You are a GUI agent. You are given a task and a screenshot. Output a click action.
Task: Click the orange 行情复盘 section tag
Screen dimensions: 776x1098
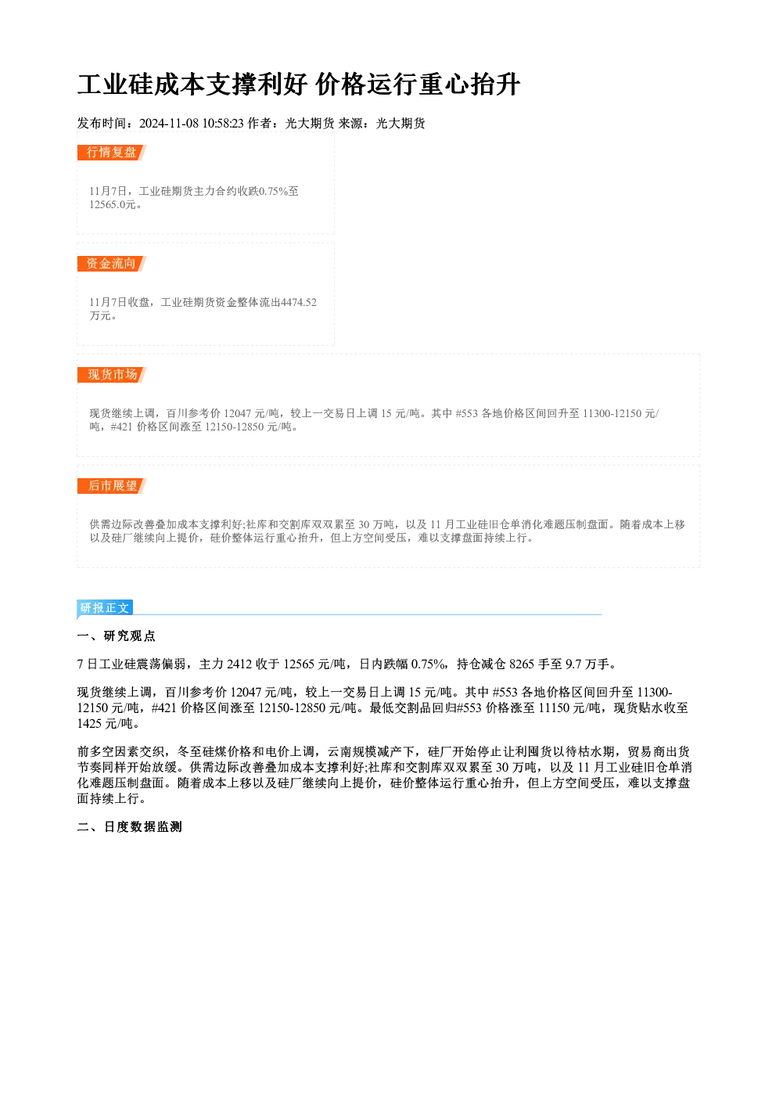112,153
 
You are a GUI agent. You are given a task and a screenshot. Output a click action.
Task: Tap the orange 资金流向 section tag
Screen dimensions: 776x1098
112,264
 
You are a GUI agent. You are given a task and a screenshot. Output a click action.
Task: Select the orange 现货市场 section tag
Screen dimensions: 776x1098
112,375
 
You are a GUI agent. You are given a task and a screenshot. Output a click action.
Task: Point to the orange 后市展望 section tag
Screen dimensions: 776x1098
112,486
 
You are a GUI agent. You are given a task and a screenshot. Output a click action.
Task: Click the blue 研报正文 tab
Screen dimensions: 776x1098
105,608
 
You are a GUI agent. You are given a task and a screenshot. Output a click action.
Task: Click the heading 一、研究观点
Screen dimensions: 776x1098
116,636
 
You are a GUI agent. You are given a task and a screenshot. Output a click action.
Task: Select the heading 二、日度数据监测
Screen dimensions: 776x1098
129,827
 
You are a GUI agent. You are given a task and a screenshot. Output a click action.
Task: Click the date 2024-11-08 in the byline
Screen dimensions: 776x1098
169,124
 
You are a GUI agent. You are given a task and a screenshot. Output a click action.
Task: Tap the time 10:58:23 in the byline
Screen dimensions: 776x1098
223,124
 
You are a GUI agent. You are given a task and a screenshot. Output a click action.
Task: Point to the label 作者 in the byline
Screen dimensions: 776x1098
260,124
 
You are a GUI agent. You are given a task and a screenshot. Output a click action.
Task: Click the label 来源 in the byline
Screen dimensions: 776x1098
350,124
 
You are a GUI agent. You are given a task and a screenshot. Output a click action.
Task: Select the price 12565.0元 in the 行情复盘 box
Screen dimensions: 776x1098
112,205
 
